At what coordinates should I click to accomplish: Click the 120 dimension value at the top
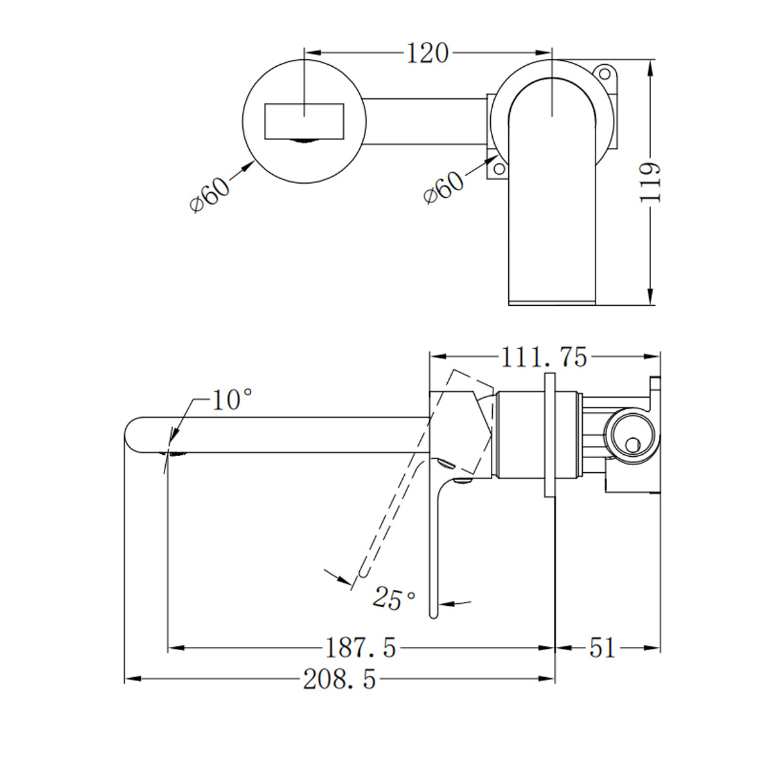(427, 53)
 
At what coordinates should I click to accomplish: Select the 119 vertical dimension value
(651, 182)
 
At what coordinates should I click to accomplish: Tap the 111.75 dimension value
(544, 357)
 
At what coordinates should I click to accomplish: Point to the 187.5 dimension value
(360, 648)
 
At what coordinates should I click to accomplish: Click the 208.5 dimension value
(339, 679)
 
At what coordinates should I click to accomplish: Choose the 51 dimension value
(602, 648)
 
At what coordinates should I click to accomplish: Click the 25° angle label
(394, 599)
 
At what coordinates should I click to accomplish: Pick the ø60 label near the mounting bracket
(444, 187)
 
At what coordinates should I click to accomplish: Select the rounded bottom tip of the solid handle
(434, 614)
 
